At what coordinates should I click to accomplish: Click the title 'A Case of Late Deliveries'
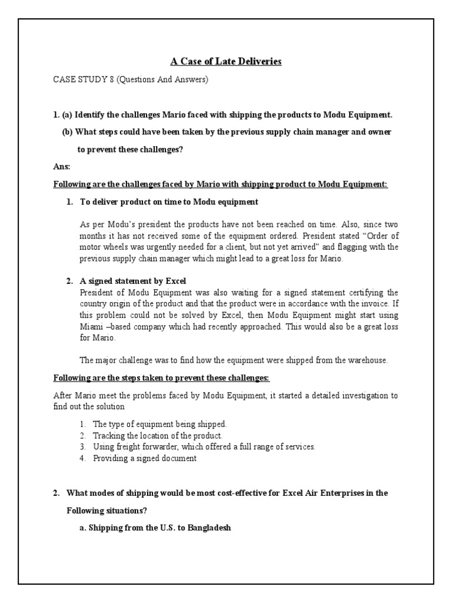pyautogui.click(x=226, y=61)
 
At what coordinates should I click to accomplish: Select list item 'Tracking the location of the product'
pyautogui.click(x=157, y=435)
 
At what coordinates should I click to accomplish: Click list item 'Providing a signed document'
pyautogui.click(x=144, y=458)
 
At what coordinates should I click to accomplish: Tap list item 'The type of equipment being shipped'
pyautogui.click(x=159, y=424)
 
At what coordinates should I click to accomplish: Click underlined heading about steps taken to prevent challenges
pyautogui.click(x=162, y=377)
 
